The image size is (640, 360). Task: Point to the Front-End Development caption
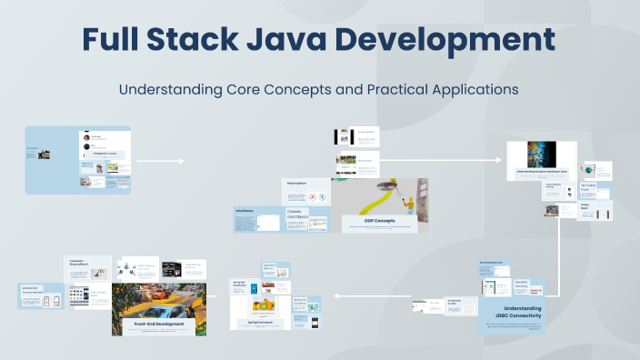pos(158,324)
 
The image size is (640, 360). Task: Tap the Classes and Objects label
pos(298,215)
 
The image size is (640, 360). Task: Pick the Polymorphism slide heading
pos(296,183)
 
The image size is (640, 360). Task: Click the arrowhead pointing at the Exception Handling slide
pos(499,161)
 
